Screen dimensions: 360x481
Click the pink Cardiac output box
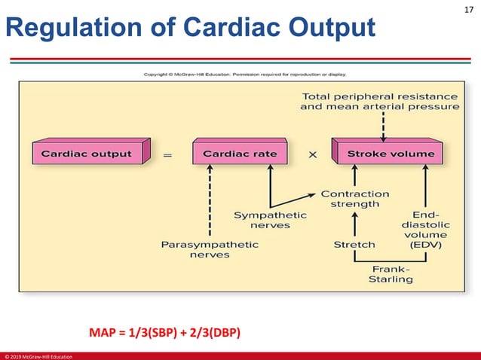coord(86,154)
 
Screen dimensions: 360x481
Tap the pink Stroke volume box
coord(391,154)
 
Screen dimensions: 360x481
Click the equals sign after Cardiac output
coord(167,155)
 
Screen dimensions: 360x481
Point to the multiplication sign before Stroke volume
coord(312,154)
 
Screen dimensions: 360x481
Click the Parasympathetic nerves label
coord(210,249)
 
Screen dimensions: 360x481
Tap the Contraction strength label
coord(355,199)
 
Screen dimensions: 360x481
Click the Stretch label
coord(354,245)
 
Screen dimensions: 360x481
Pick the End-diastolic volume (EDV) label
coord(427,229)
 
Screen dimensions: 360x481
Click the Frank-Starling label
coord(390,273)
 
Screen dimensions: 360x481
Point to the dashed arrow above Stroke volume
coord(384,127)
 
